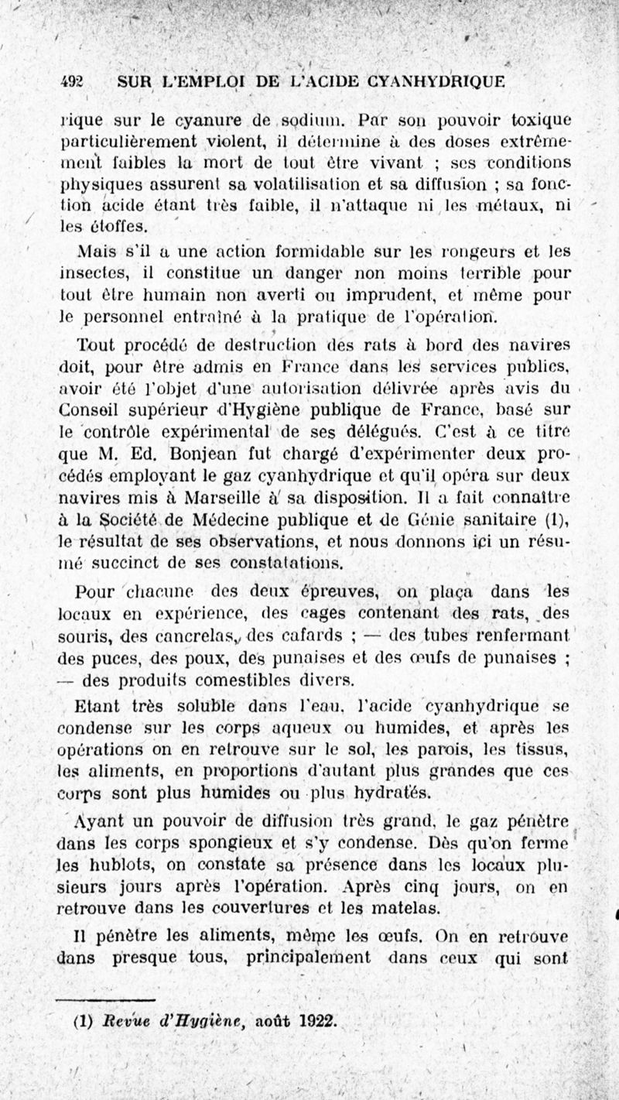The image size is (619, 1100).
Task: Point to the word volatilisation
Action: (x=302, y=184)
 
